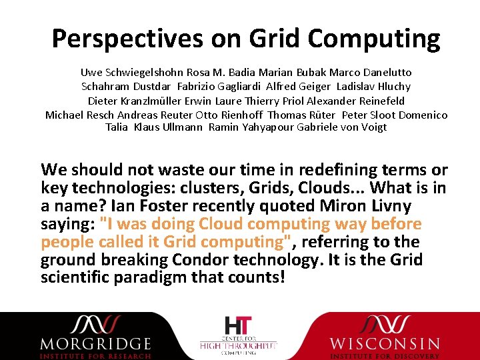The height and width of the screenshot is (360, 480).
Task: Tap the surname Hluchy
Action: coord(391,86)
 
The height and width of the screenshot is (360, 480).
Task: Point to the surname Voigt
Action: coord(373,127)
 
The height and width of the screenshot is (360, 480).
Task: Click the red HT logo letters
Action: coord(238,326)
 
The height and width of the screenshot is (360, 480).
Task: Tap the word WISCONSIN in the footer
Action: coord(385,344)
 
